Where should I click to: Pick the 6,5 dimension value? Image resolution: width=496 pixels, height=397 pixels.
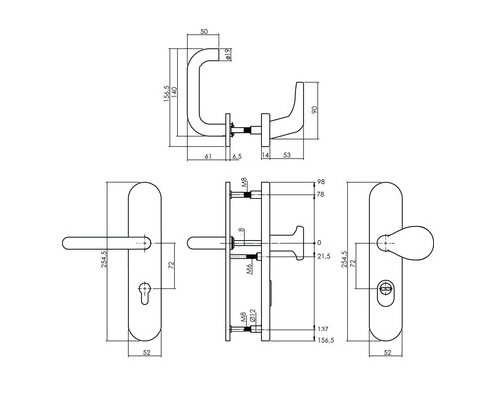pyautogui.click(x=237, y=156)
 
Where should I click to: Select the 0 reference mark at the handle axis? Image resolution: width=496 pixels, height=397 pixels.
pyautogui.click(x=320, y=243)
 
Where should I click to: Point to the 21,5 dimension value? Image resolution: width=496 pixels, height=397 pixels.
pyautogui.click(x=324, y=257)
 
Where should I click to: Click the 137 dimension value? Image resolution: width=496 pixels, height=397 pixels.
pyautogui.click(x=323, y=328)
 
